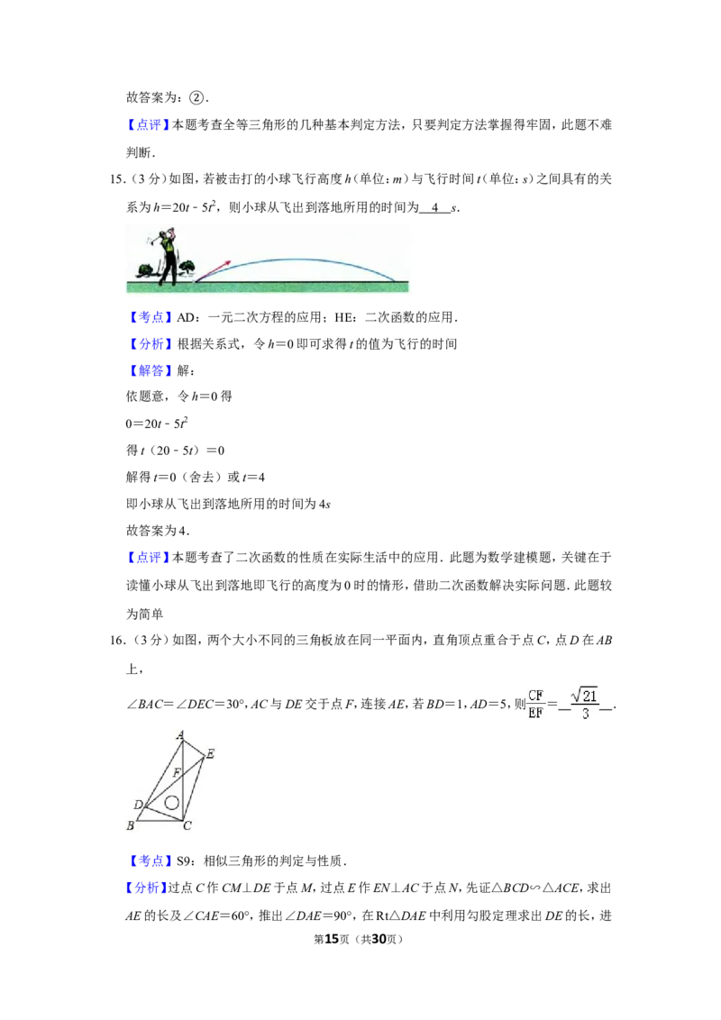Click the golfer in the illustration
167,256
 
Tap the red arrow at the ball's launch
213,270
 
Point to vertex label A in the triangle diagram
180,735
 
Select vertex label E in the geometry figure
210,754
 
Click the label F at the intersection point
177,773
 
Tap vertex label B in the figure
130,825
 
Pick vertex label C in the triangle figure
187,826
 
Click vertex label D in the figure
138,805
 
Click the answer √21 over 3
585,704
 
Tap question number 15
118,179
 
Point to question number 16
118,640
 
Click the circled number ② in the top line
196,97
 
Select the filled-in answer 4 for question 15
435,207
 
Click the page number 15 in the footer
332,939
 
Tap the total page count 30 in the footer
379,939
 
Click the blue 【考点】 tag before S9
150,861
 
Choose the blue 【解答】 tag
150,371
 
